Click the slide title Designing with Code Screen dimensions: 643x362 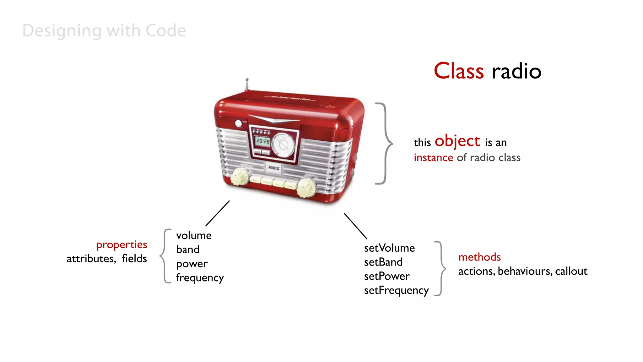pos(104,31)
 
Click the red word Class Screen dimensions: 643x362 pos(458,71)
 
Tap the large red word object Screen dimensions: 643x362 pos(457,141)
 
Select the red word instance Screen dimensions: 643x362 pos(433,157)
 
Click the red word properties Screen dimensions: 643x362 pos(122,245)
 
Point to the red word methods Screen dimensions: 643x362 pos(479,257)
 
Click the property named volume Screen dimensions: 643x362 pos(194,235)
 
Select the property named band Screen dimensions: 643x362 pos(188,250)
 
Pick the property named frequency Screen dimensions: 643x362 pos(200,278)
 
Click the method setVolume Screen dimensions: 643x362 pos(389,248)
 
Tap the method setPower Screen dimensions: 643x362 pos(387,276)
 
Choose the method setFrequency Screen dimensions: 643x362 pos(396,290)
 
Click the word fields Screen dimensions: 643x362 pos(134,259)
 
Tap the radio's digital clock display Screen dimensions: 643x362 pos(263,141)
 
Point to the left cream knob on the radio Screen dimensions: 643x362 pos(240,177)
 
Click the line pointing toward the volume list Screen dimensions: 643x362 pos(217,213)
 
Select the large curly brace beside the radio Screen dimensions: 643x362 pos(384,143)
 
